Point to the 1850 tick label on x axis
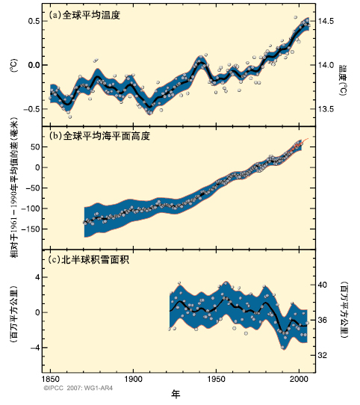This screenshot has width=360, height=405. [x=51, y=380]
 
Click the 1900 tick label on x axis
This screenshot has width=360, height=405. [x=134, y=380]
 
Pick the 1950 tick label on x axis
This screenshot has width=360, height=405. [x=217, y=380]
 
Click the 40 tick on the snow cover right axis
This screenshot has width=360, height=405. [x=325, y=285]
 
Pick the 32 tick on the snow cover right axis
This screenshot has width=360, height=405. [x=325, y=355]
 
